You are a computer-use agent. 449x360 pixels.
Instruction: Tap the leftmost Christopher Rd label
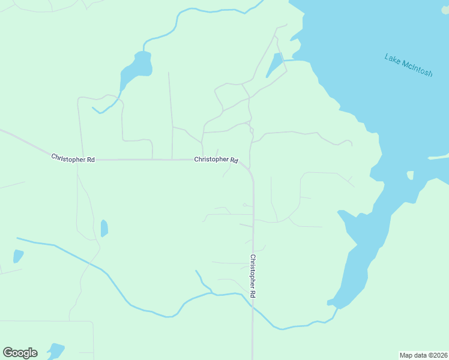(x=73, y=159)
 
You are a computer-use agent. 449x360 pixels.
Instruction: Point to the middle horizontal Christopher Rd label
(x=216, y=160)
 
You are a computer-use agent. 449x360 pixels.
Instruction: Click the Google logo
(x=20, y=353)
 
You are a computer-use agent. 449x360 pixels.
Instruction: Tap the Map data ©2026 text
(x=424, y=355)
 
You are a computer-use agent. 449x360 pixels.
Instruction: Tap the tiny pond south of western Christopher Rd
(x=104, y=228)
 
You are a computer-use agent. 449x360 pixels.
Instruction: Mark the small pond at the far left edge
(x=18, y=256)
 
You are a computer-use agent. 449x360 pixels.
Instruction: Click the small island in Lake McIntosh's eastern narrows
(x=411, y=175)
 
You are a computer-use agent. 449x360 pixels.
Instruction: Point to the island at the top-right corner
(x=445, y=10)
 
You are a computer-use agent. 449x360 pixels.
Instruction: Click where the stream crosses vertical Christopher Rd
(x=253, y=304)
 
